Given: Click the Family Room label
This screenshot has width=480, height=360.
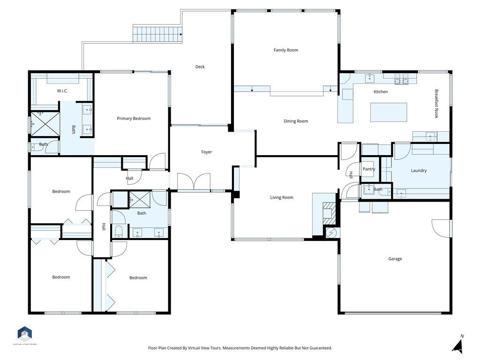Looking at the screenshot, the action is (285, 50).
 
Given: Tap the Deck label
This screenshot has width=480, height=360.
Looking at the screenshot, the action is (200, 67).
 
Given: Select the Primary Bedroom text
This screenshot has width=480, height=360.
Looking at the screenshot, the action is (134, 119).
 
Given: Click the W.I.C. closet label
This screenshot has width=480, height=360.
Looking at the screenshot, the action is (62, 91).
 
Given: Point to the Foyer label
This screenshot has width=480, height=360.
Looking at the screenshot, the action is (207, 152).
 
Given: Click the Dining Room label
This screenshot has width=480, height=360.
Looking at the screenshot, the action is (296, 121).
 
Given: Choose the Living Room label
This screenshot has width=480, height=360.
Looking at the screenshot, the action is (282, 197).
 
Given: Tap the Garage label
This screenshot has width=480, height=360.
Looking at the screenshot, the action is (395, 259).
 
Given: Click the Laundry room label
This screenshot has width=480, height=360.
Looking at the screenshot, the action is (419, 171).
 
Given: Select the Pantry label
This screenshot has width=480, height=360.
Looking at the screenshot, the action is (369, 169).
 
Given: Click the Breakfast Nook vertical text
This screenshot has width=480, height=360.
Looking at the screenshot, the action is (436, 104).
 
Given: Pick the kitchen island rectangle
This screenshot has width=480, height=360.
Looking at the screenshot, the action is (389, 112).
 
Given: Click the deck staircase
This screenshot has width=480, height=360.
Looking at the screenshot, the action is (157, 34).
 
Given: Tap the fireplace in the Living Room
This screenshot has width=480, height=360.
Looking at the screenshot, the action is (330, 213).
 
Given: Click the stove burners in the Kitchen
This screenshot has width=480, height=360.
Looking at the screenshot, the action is (401, 79).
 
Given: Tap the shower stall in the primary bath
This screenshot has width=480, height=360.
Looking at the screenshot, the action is (45, 124).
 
